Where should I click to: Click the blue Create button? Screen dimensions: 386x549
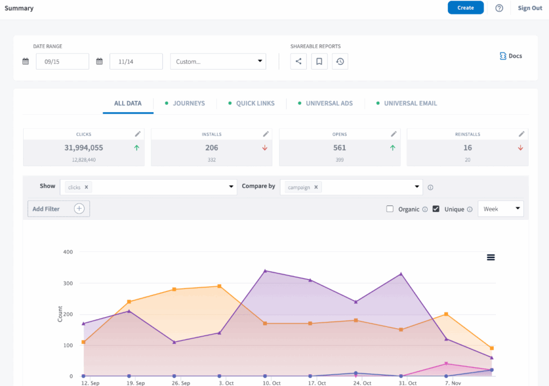tap(465, 8)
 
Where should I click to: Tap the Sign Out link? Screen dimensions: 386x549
tap(530, 8)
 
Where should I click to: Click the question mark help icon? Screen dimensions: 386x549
tap(499, 8)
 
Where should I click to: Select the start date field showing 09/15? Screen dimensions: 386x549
tap(62, 62)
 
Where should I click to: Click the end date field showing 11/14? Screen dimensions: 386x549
tap(136, 62)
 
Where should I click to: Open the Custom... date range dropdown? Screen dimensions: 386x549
tap(218, 62)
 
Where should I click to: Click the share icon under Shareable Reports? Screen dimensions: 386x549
tap(299, 62)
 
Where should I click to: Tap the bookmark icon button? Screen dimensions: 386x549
tap(319, 62)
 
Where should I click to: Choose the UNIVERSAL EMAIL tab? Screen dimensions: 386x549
tap(410, 103)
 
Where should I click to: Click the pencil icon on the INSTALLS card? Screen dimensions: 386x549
tap(266, 134)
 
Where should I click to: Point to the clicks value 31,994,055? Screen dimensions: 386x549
tap(84, 148)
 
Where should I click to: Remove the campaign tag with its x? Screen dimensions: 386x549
tap(316, 187)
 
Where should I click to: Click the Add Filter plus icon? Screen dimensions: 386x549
tap(79, 209)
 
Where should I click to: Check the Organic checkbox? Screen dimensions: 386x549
tap(390, 209)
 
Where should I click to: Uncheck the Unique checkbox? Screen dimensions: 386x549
tap(436, 209)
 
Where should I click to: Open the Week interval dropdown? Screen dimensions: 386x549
tap(500, 209)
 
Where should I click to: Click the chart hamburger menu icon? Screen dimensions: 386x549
tap(491, 257)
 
